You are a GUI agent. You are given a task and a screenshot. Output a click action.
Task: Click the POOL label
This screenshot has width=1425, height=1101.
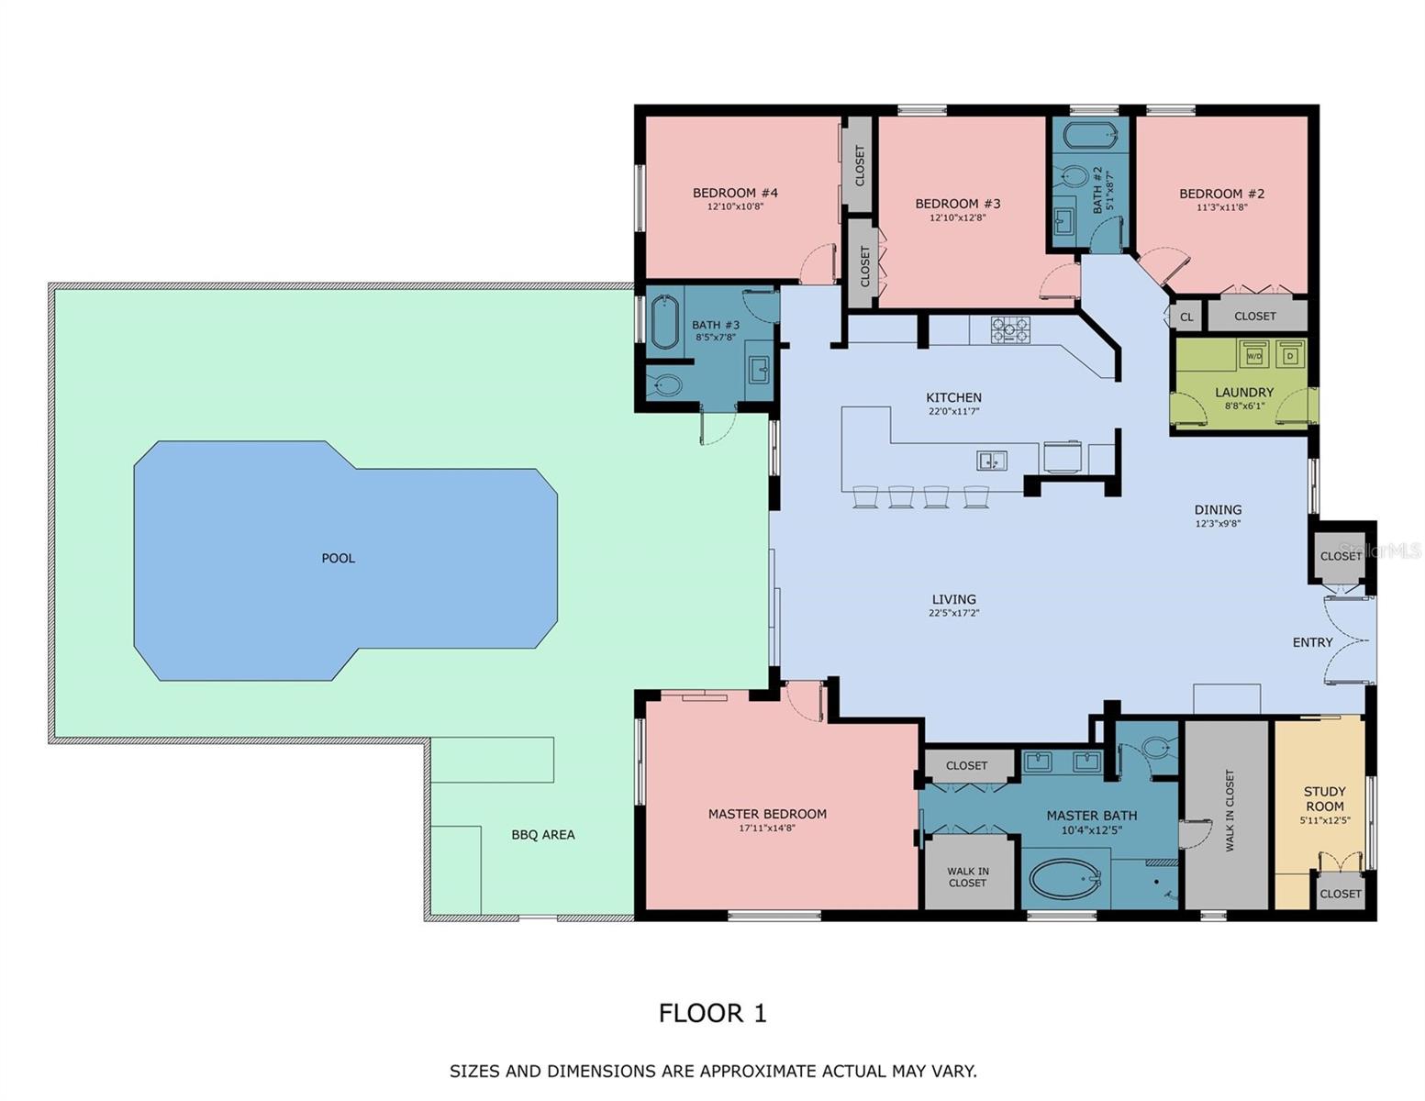(338, 558)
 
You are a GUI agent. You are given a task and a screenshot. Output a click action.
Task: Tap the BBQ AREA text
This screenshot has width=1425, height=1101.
(543, 835)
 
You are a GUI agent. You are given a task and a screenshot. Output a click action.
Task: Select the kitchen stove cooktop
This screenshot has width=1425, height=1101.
(1010, 329)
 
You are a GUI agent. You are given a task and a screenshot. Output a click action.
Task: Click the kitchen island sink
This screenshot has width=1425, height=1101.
(991, 461)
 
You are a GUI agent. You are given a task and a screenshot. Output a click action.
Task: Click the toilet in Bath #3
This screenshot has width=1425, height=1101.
(665, 385)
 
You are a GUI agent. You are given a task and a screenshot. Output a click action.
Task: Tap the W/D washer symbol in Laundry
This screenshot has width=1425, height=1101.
(1253, 355)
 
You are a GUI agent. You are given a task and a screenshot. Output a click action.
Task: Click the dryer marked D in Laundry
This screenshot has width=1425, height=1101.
(1290, 355)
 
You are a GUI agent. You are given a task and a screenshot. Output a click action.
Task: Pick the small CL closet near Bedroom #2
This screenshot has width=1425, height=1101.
(1186, 317)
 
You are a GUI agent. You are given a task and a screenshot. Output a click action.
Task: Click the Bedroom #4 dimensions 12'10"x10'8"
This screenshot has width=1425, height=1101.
(735, 207)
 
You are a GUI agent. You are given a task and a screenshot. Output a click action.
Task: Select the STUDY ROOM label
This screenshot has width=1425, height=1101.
(1324, 798)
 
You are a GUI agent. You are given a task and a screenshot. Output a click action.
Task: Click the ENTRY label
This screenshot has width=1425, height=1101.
(1312, 642)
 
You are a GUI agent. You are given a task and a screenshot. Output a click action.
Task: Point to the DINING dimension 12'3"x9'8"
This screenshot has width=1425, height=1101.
(1218, 524)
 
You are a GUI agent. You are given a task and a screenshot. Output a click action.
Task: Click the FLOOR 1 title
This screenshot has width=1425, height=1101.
(712, 1013)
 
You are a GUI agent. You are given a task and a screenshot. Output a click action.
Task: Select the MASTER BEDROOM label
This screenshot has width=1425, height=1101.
(767, 814)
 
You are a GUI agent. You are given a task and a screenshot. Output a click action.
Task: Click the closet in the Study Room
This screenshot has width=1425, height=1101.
(1340, 893)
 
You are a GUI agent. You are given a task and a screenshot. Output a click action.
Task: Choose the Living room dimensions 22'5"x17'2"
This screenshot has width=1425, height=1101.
(953, 613)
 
